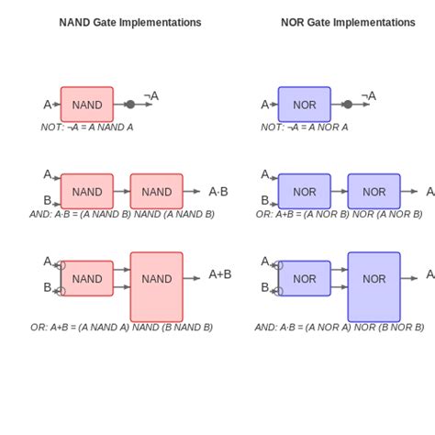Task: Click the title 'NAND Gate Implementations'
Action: [x=130, y=22]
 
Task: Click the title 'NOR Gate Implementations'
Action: [x=348, y=22]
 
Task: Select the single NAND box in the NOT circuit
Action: [x=87, y=105]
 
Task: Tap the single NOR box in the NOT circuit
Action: [x=304, y=105]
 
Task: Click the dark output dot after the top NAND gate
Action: [x=130, y=105]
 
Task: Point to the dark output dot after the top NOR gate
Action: [x=347, y=105]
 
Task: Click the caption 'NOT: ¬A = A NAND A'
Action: [x=87, y=128]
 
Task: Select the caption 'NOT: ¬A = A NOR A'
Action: [x=305, y=128]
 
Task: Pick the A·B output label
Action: [x=218, y=192]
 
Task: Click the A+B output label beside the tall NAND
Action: [x=220, y=273]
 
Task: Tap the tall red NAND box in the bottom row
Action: [x=157, y=286]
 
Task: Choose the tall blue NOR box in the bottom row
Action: [x=374, y=286]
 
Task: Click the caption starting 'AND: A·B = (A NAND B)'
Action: [x=122, y=214]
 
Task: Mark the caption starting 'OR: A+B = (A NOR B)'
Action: [x=340, y=214]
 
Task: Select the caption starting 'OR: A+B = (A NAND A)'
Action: [x=121, y=327]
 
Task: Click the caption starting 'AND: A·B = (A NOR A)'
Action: [x=340, y=327]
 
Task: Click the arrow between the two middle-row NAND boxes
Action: [x=122, y=192]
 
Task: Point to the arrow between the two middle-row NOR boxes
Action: [x=339, y=192]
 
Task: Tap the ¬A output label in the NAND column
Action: [x=151, y=95]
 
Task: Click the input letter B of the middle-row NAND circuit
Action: [x=48, y=200]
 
